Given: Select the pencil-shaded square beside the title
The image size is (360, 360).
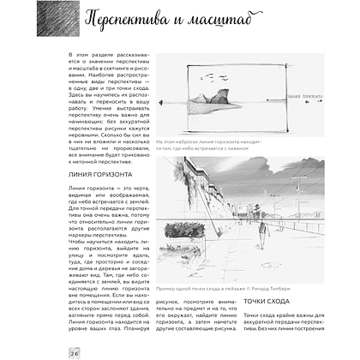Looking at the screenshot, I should [x=61, y=21].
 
